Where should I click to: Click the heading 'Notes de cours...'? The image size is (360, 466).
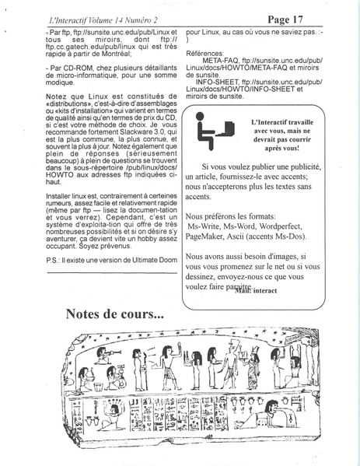pos(114,314)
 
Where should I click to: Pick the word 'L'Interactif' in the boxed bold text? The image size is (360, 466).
pos(274,122)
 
